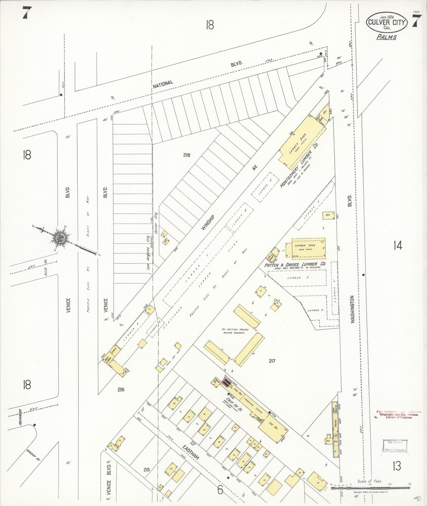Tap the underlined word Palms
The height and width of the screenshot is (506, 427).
(x=386, y=37)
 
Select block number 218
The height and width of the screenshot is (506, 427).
(x=187, y=155)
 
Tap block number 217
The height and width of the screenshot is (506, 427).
(x=272, y=361)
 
